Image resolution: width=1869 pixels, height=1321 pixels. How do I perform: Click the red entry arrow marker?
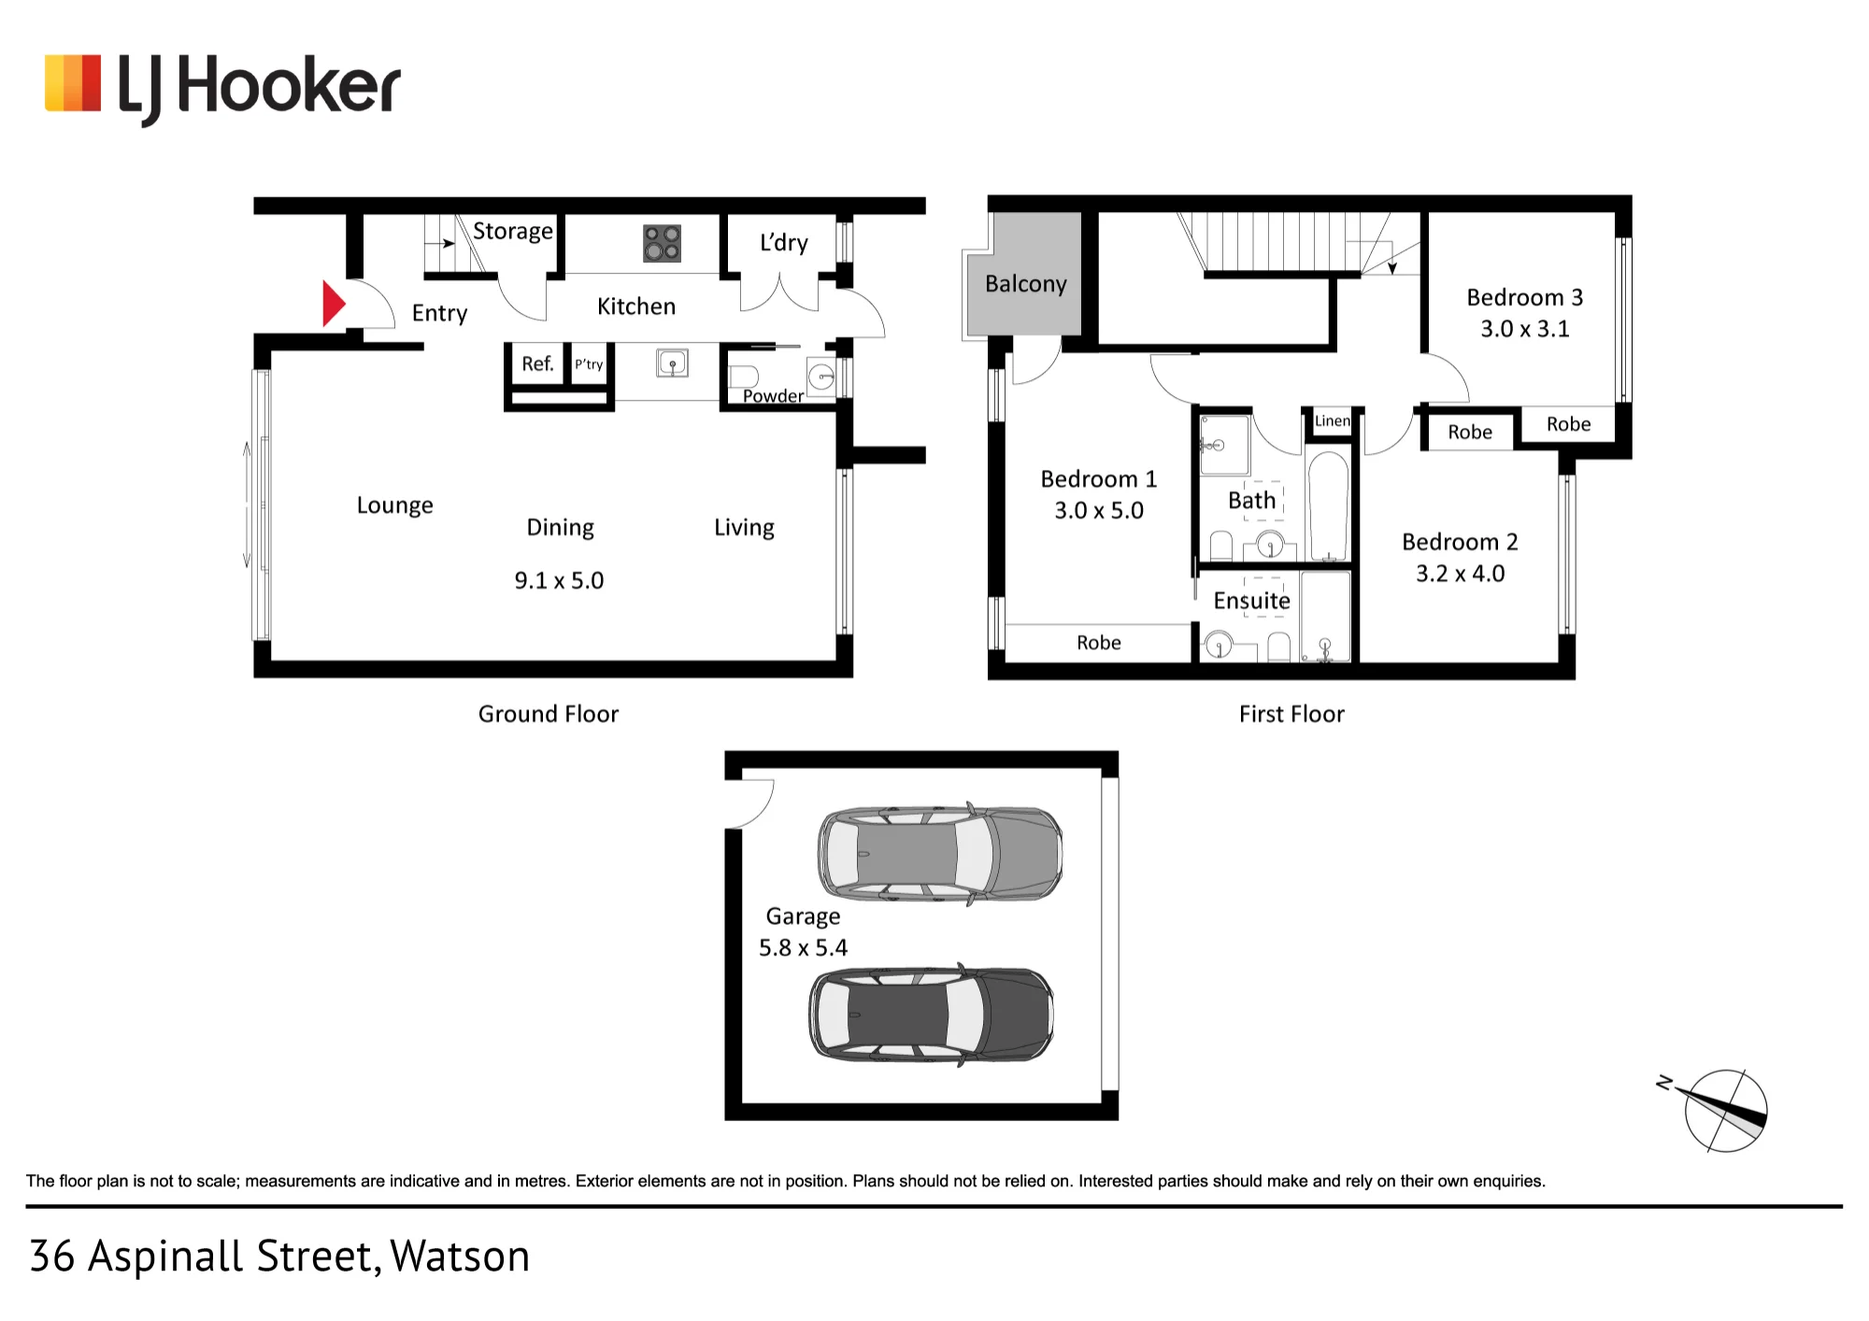(x=334, y=303)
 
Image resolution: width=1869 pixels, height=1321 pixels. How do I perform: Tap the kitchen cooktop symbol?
(x=662, y=243)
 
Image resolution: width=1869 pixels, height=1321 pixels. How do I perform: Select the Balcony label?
(x=1025, y=284)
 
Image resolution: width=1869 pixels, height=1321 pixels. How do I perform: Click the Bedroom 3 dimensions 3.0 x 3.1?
(x=1524, y=329)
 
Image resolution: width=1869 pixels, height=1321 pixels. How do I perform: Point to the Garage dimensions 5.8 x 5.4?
(x=803, y=948)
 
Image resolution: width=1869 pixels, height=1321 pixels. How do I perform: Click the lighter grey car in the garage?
(x=940, y=853)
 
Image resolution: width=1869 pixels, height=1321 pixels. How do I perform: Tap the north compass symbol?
(x=1719, y=1109)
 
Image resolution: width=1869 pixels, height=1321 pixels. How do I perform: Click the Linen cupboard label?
(x=1332, y=421)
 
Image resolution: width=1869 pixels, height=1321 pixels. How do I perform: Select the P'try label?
(x=589, y=364)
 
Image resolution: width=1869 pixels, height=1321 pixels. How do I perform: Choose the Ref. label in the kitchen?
(x=537, y=363)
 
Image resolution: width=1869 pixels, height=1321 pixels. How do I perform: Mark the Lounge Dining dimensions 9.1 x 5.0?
(x=559, y=581)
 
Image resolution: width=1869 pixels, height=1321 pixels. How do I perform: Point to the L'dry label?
(x=783, y=243)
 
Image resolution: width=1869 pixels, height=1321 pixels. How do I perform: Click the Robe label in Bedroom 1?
(x=1098, y=643)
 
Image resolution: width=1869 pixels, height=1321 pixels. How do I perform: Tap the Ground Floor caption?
(x=549, y=715)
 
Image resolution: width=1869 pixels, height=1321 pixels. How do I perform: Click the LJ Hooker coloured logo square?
(x=73, y=84)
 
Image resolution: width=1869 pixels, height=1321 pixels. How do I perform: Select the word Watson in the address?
(x=460, y=1257)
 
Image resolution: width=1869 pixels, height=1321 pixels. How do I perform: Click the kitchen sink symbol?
(x=672, y=362)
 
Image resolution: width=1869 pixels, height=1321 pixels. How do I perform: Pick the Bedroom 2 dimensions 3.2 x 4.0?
(x=1460, y=574)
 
